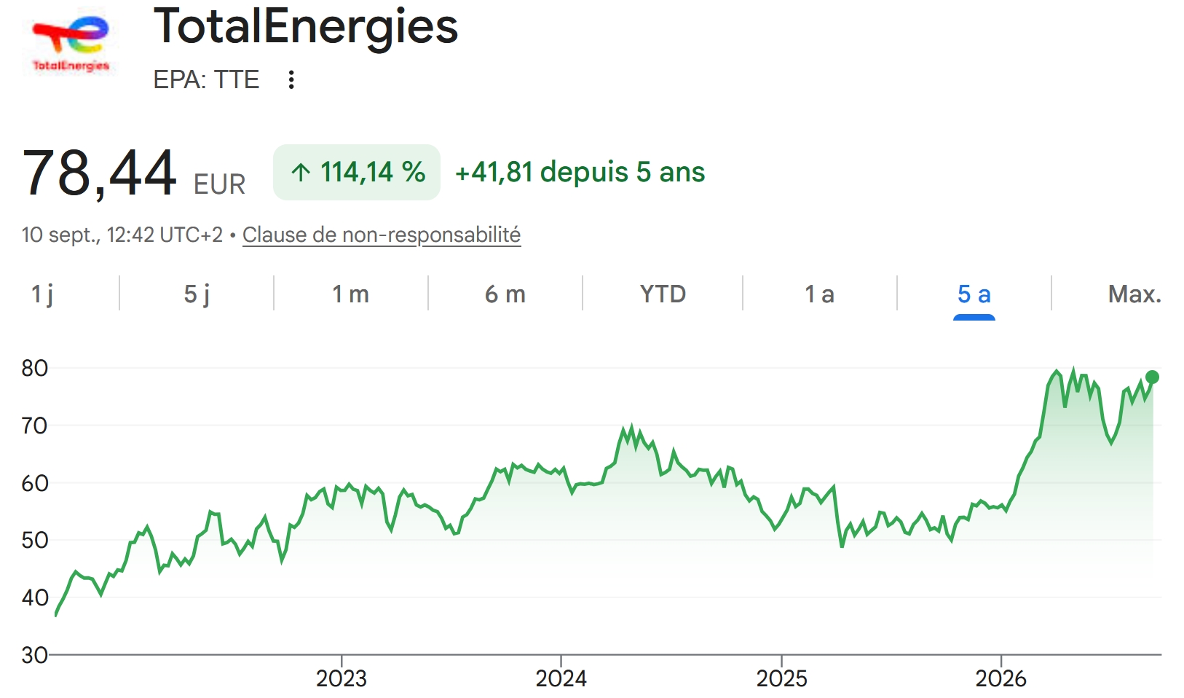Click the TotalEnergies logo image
point(71,42)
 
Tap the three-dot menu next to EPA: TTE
point(291,80)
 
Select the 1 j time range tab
point(42,294)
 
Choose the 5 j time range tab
point(197,294)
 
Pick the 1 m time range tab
point(350,294)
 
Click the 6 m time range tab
point(505,294)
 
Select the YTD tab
point(663,294)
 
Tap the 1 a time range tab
point(819,294)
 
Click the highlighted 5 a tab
point(974,294)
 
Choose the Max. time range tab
point(1134,294)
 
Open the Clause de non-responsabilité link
point(382,235)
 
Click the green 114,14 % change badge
point(357,173)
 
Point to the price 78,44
point(99,173)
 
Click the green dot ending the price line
point(1152,377)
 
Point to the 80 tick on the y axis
point(35,368)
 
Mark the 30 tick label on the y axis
point(35,655)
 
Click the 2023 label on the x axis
point(342,678)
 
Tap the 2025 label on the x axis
point(782,678)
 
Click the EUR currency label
point(219,184)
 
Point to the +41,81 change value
point(494,173)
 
